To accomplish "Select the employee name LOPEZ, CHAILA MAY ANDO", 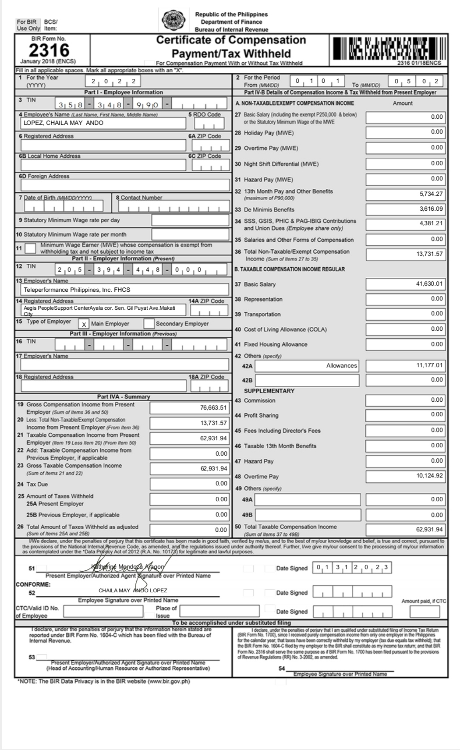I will pos(64,123).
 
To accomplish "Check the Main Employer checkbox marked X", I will pos(84,324).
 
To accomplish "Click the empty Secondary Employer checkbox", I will pos(149,324).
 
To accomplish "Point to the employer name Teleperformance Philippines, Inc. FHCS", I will pos(77,290).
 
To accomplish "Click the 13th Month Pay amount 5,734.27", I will pos(431,194).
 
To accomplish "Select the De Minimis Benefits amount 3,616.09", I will pos(431,209).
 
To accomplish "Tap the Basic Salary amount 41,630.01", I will pos(429,284).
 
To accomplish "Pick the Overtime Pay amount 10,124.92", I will pos(429,476).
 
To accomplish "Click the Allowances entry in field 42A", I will pos(341,366).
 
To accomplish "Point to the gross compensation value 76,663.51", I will pos(213,408).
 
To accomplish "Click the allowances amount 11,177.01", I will pos(429,365).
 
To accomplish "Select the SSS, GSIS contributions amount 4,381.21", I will pos(431,223).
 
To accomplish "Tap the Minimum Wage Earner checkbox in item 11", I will pos(30,248).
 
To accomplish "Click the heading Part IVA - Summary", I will pos(124,397).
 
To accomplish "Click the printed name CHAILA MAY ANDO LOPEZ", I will pos(133,591).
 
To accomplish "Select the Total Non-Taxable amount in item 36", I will pos(429,254).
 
